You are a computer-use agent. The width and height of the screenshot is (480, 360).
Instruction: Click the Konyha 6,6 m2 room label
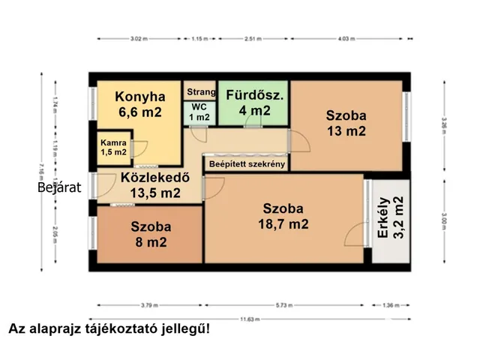pyautogui.click(x=139, y=104)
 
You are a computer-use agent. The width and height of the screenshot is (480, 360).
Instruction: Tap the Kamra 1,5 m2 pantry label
pyautogui.click(x=114, y=148)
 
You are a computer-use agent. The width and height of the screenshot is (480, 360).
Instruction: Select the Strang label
pyautogui.click(x=200, y=92)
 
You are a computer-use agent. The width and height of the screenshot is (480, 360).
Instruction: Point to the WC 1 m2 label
pyautogui.click(x=199, y=112)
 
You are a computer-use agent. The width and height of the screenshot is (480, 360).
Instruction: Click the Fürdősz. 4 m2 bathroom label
pyautogui.click(x=253, y=103)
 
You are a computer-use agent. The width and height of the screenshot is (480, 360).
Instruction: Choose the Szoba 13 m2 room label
pyautogui.click(x=346, y=123)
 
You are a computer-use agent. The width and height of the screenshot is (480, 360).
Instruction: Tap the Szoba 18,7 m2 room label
pyautogui.click(x=285, y=215)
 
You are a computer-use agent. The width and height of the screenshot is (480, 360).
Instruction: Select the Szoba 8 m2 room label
pyautogui.click(x=151, y=234)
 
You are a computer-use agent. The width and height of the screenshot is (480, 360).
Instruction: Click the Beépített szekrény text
pyautogui.click(x=247, y=164)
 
